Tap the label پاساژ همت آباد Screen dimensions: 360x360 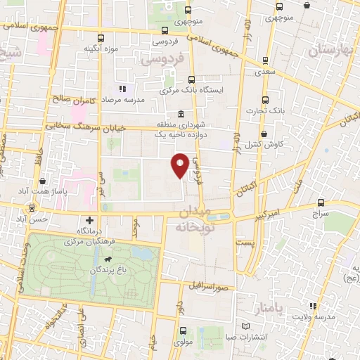pyautogui.click(x=44, y=191)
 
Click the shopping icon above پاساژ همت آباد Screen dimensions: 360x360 pyautogui.click(x=44, y=181)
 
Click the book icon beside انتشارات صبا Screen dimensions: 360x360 pyautogui.click(x=245, y=326)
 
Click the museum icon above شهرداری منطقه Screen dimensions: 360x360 pyautogui.click(x=181, y=115)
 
